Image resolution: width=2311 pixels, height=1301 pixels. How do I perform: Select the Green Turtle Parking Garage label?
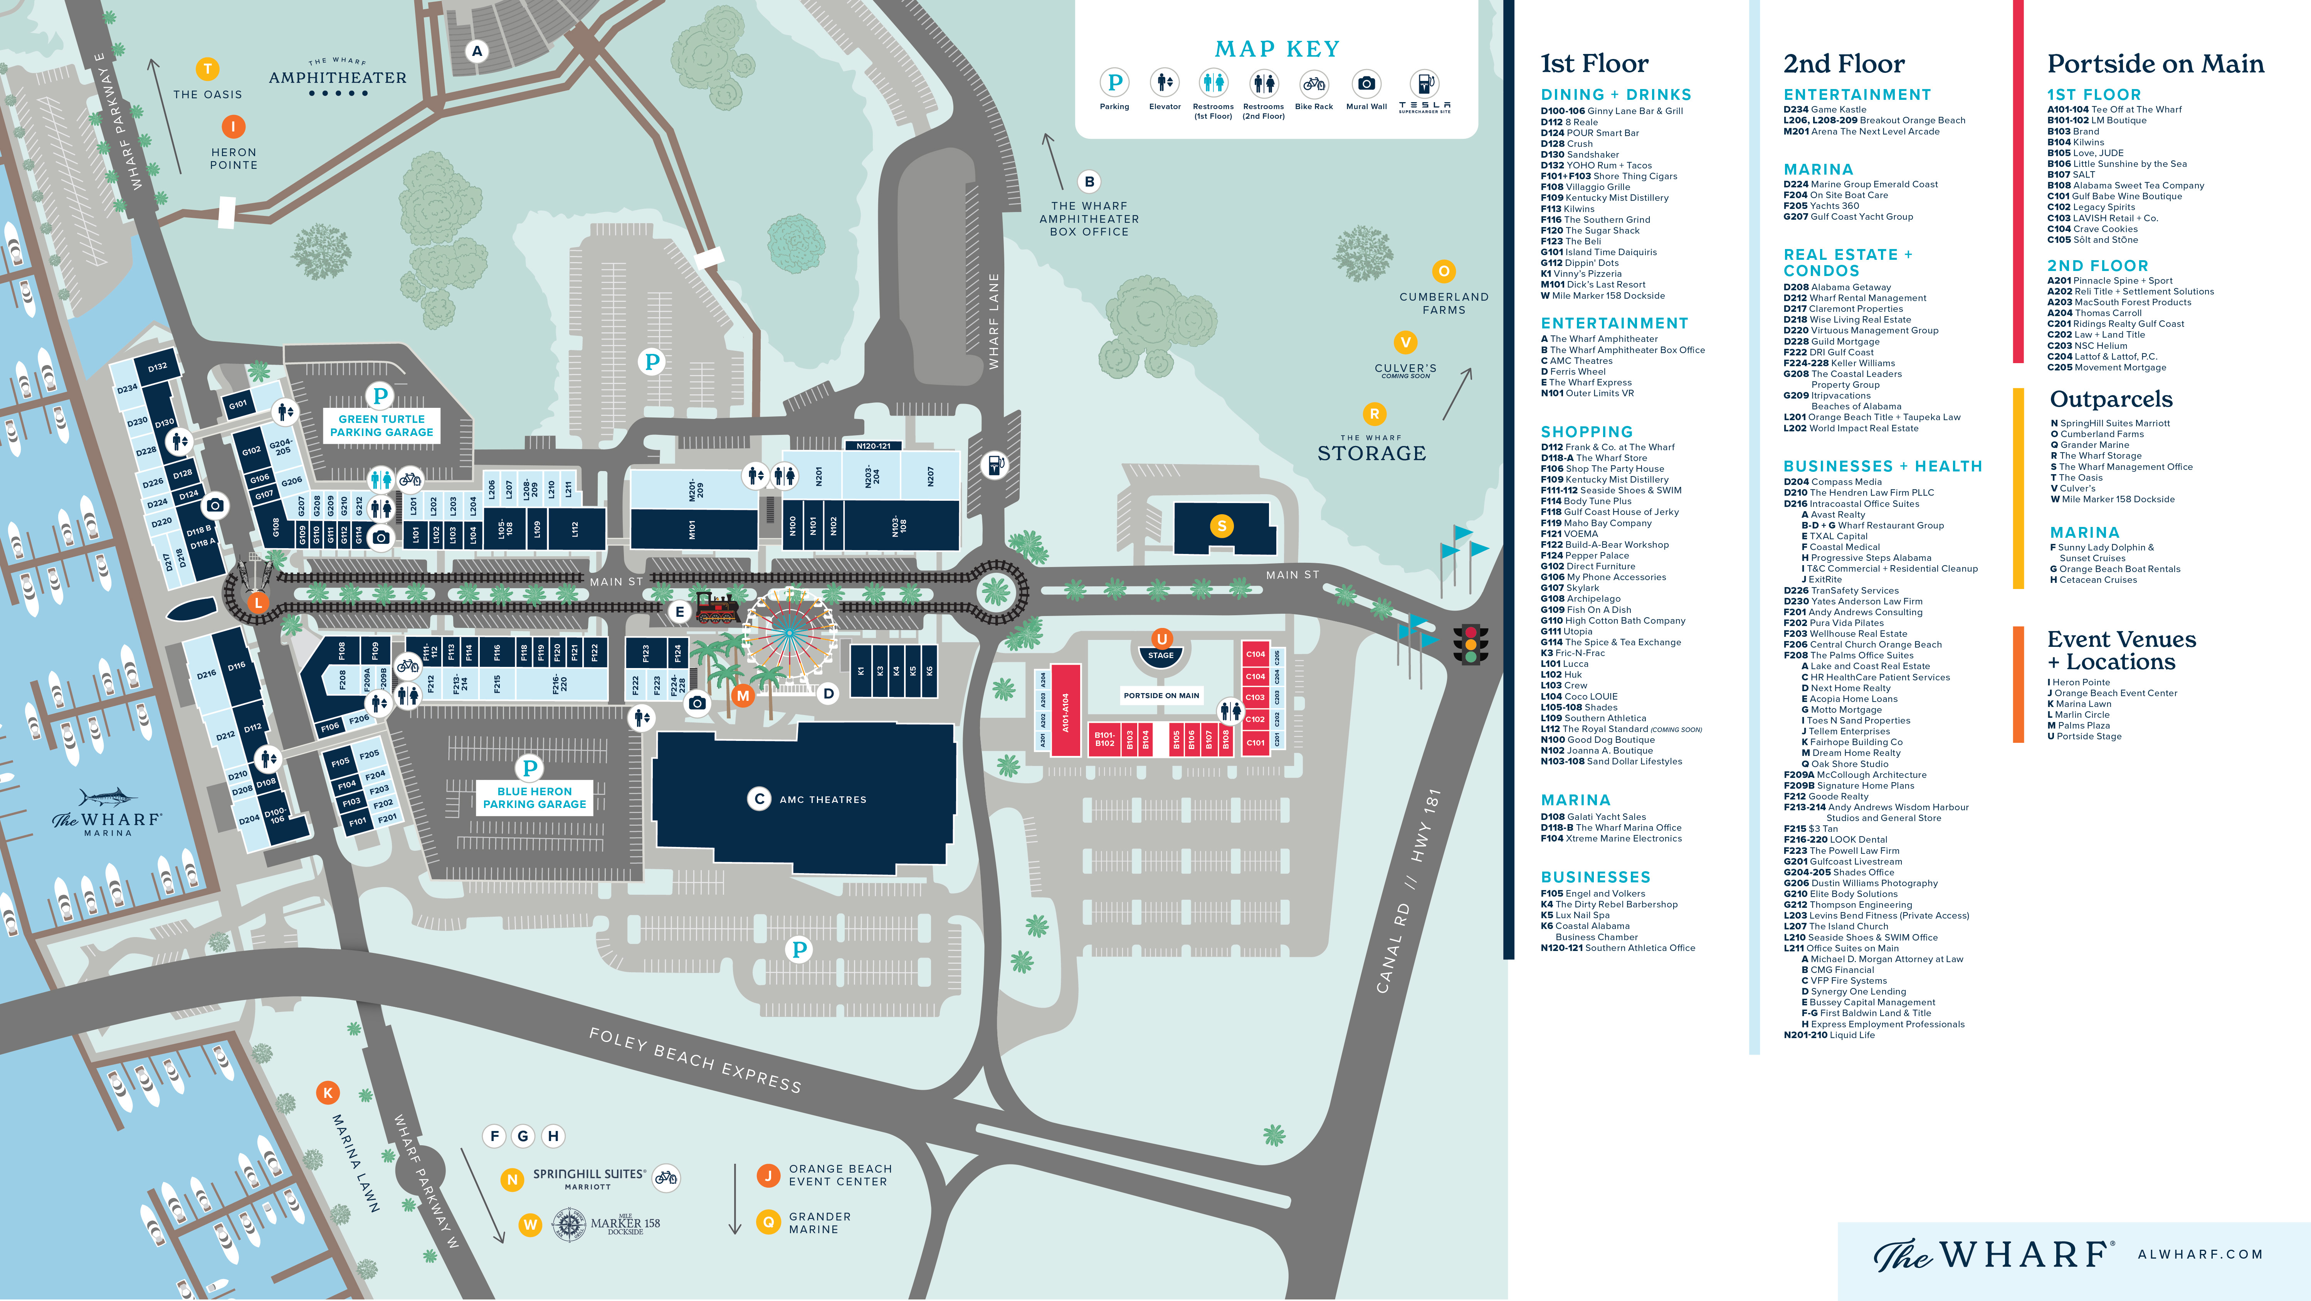381,425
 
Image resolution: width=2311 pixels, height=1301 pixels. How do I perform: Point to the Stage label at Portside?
1161,655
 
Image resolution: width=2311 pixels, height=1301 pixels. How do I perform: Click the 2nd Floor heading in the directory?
1844,64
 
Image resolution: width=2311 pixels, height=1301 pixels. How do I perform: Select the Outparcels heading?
2111,399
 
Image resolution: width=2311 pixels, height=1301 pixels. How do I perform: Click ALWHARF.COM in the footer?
2200,1254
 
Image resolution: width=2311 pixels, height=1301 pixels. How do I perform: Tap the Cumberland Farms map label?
1444,303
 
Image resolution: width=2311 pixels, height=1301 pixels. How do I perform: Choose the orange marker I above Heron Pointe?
233,126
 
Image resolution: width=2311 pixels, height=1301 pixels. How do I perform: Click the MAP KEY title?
1277,49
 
